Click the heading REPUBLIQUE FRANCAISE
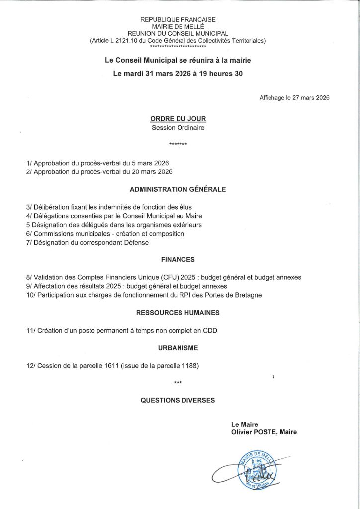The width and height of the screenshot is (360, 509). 178,19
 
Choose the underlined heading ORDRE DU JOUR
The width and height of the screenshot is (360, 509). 178,119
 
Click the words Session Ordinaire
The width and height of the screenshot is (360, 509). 178,127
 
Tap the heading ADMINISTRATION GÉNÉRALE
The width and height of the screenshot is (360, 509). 178,189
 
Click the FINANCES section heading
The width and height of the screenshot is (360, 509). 178,259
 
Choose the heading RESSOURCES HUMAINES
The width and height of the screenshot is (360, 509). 178,313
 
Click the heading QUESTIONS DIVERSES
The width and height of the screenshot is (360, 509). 178,400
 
